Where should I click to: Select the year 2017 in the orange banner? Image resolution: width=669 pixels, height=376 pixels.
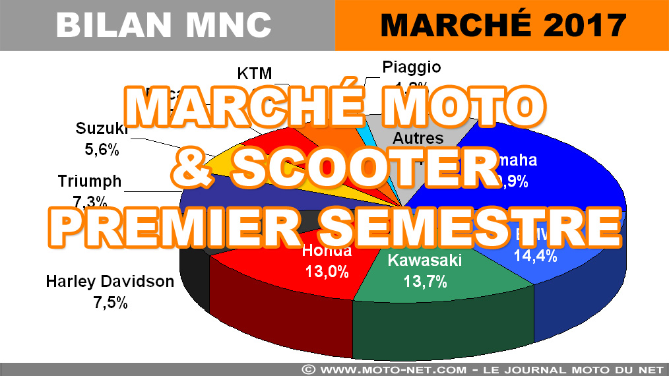[x=575, y=25]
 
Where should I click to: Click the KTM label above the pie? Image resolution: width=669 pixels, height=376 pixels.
[x=254, y=73]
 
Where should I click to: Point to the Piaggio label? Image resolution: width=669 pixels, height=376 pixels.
[x=411, y=67]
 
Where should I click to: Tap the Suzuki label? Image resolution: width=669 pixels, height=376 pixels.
[x=101, y=128]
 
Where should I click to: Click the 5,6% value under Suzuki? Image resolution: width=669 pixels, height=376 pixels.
[x=101, y=150]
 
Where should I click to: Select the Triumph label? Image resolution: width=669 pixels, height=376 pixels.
[x=90, y=181]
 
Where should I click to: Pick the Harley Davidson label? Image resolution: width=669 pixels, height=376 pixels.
[x=110, y=282]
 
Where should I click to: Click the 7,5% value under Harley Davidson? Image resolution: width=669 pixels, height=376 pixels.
[x=110, y=303]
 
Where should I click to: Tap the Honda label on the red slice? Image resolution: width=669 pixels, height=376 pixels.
[x=327, y=251]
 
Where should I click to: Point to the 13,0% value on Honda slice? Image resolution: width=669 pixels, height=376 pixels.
[x=327, y=271]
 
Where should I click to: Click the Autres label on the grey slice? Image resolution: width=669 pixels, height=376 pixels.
[x=418, y=139]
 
